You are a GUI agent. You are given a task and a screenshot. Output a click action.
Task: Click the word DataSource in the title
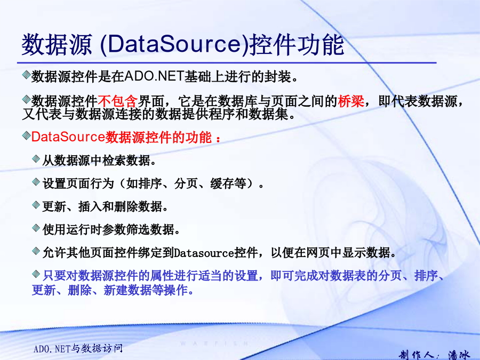174,44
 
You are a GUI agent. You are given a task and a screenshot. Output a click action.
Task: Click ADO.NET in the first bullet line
154,76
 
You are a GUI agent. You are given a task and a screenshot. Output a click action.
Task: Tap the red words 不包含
118,101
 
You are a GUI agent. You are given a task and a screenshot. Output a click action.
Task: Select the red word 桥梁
351,101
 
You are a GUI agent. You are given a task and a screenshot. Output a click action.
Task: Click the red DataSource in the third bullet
68,137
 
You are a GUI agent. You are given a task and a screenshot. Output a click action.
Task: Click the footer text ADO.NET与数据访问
78,348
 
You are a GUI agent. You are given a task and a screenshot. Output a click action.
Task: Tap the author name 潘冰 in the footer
459,355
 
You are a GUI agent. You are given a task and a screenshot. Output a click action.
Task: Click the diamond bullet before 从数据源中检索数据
36,158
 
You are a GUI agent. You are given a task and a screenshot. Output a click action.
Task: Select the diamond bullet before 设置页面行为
36,182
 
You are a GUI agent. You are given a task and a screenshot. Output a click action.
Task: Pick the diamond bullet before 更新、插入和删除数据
36,204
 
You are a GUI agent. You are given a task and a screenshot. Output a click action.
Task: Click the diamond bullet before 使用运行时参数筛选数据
36,228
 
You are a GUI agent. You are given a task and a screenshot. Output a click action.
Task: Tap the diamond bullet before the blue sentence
36,274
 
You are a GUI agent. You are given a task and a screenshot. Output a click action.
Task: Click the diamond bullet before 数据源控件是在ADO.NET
26,74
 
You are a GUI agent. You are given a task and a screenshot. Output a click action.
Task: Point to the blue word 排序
426,276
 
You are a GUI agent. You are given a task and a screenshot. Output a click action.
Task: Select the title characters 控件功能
297,45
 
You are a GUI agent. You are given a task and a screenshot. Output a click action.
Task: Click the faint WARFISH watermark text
214,343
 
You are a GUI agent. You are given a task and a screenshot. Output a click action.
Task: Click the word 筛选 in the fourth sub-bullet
138,229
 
